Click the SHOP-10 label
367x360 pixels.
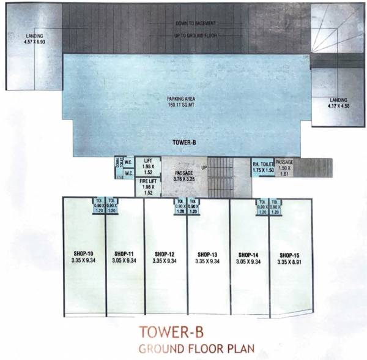click(x=85, y=253)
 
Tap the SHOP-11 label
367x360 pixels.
click(x=125, y=253)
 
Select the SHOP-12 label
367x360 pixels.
click(x=165, y=253)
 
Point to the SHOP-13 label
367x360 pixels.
click(x=208, y=253)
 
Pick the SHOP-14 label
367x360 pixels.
click(x=249, y=253)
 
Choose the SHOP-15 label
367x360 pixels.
click(x=289, y=253)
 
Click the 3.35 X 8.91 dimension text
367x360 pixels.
click(x=289, y=261)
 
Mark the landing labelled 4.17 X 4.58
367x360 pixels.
click(x=338, y=102)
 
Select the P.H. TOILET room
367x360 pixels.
click(x=263, y=167)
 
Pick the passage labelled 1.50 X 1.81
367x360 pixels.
click(x=284, y=168)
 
